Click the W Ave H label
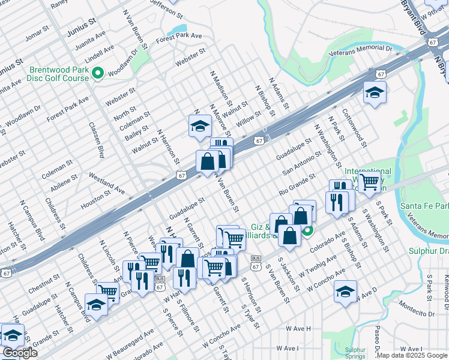point(298,329)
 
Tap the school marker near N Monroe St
point(199,125)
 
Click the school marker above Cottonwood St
point(375,92)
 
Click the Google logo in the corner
point(20,353)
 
